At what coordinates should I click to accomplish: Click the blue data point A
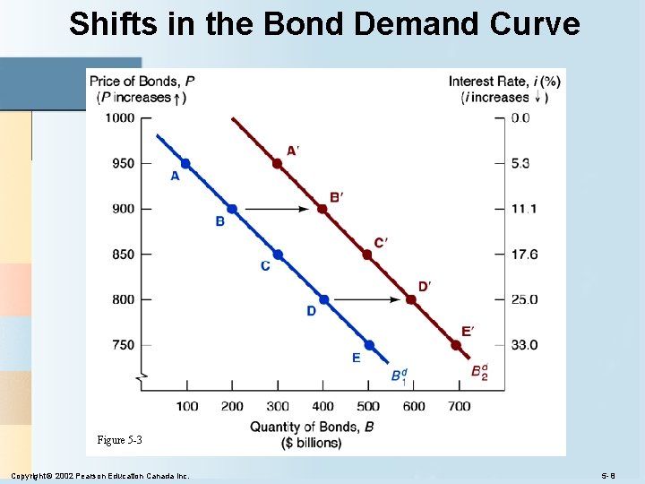[185, 163]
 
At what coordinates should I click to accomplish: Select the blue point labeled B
[231, 209]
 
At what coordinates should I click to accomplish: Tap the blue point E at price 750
[369, 345]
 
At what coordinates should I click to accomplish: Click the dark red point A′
[277, 163]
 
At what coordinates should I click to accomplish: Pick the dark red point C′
[367, 255]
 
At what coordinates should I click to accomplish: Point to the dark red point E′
[456, 345]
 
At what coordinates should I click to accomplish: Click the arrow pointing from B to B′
[277, 209]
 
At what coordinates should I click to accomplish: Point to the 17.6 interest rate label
[524, 255]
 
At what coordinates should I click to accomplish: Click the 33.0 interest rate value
[524, 345]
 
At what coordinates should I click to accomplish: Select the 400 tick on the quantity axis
[322, 407]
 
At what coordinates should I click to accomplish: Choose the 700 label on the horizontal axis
[458, 407]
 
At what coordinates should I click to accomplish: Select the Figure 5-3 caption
[120, 440]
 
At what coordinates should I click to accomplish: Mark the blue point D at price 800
[323, 299]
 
